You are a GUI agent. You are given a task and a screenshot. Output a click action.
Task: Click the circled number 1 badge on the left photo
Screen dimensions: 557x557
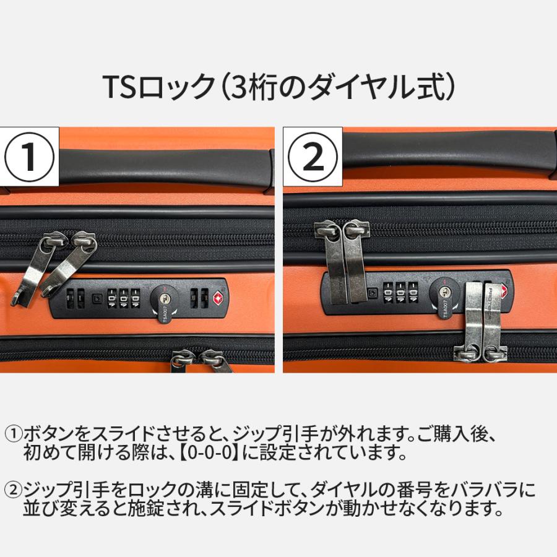(x=30, y=157)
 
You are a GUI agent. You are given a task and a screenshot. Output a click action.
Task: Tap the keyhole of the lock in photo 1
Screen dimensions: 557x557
(x=163, y=298)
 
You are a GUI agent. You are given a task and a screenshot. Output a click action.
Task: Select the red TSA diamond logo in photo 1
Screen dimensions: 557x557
(x=218, y=298)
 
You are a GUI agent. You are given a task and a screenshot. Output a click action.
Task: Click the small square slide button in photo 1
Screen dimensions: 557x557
(x=97, y=298)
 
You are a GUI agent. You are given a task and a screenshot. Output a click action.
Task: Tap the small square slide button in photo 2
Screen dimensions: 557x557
(x=371, y=291)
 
